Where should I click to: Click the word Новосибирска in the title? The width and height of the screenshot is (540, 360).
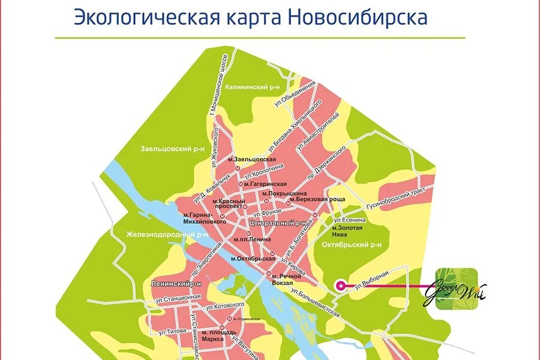[358, 17]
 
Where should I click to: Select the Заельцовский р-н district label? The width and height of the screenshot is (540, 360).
[166, 148]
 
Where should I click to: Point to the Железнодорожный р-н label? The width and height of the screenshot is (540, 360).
[167, 234]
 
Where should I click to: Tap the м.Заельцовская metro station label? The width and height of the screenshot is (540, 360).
[252, 159]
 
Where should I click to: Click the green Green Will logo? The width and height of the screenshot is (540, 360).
[457, 289]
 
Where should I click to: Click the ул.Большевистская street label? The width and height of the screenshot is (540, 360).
[316, 304]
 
